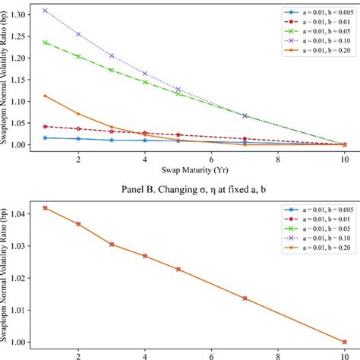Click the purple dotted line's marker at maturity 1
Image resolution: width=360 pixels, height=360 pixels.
45,11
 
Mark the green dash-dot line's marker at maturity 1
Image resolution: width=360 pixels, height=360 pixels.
45,43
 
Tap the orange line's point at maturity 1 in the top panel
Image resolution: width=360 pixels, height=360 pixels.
45,96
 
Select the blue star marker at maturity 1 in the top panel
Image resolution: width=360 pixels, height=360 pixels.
45,137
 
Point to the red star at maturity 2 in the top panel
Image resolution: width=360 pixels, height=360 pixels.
78,128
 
